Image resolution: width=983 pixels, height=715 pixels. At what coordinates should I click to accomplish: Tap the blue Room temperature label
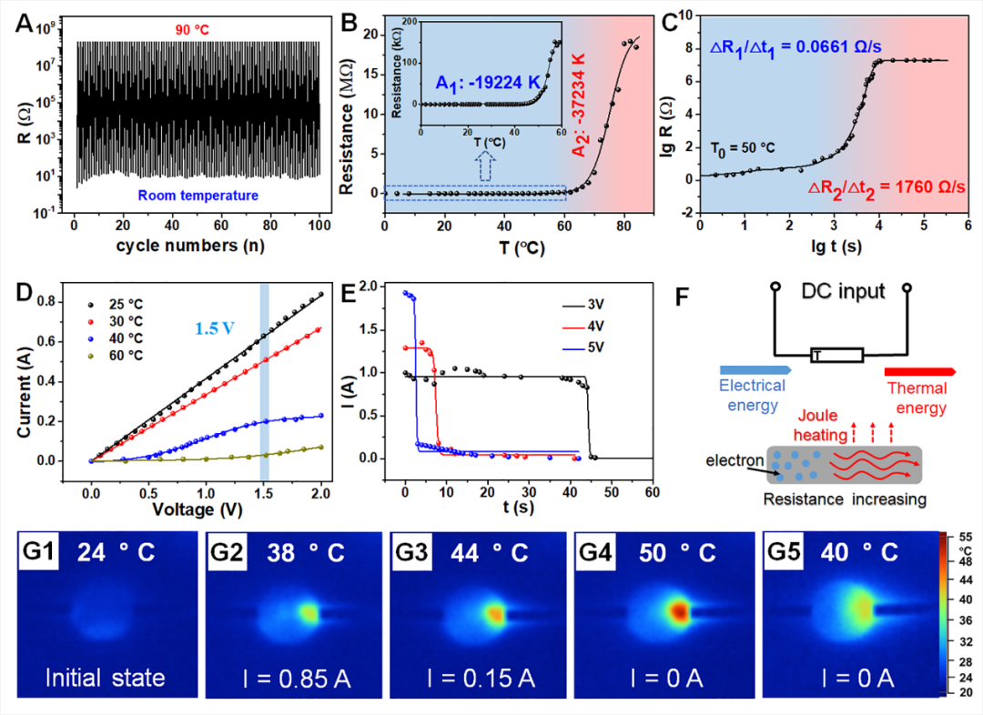pos(197,195)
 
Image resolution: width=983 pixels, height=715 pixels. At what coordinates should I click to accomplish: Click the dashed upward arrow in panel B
pos(487,167)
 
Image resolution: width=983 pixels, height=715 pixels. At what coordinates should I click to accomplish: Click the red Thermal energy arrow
pos(919,371)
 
